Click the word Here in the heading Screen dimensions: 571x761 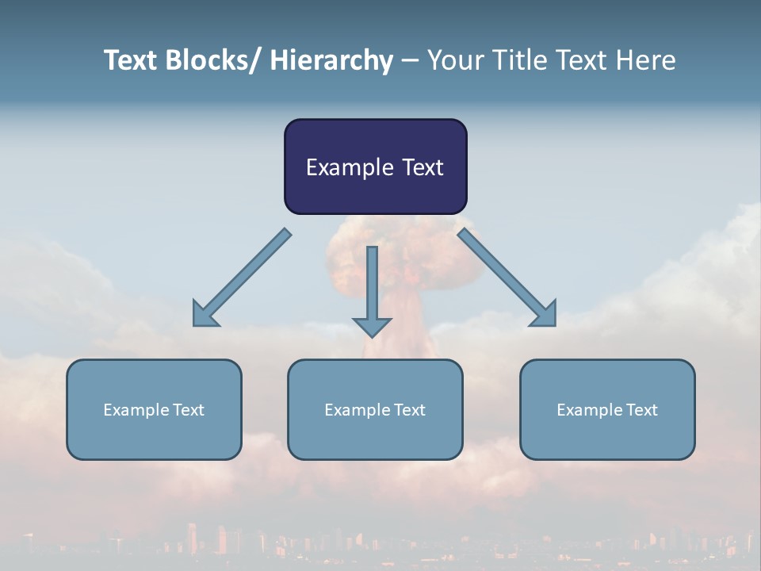click(x=644, y=60)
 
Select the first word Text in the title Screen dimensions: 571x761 click(x=130, y=60)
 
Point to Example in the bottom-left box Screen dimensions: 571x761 click(x=136, y=410)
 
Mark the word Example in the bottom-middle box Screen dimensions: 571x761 click(x=358, y=410)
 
